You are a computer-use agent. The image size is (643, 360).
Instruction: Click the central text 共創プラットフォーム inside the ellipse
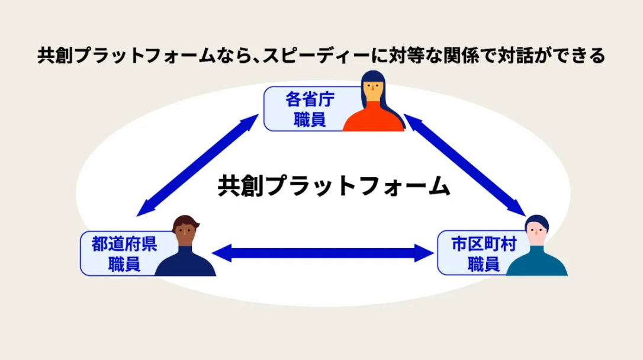tap(334, 186)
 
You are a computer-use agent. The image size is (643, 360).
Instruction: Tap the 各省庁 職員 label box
tap(311, 109)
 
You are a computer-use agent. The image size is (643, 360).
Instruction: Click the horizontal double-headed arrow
tap(323, 253)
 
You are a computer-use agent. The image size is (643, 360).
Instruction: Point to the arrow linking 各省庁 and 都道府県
tap(197, 165)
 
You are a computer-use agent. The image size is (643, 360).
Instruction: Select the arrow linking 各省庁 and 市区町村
tap(465, 165)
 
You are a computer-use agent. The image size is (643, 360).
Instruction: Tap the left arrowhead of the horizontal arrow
tap(221, 253)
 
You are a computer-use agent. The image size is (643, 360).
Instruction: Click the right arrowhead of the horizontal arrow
tap(425, 253)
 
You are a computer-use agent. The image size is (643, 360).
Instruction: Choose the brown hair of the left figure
tap(185, 222)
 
